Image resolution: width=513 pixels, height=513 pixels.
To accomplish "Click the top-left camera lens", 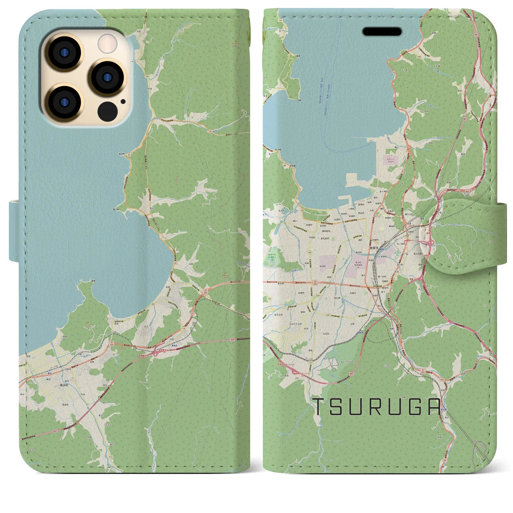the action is [x=63, y=53].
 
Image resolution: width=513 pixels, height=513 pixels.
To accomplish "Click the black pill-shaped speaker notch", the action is [x=382, y=32].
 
